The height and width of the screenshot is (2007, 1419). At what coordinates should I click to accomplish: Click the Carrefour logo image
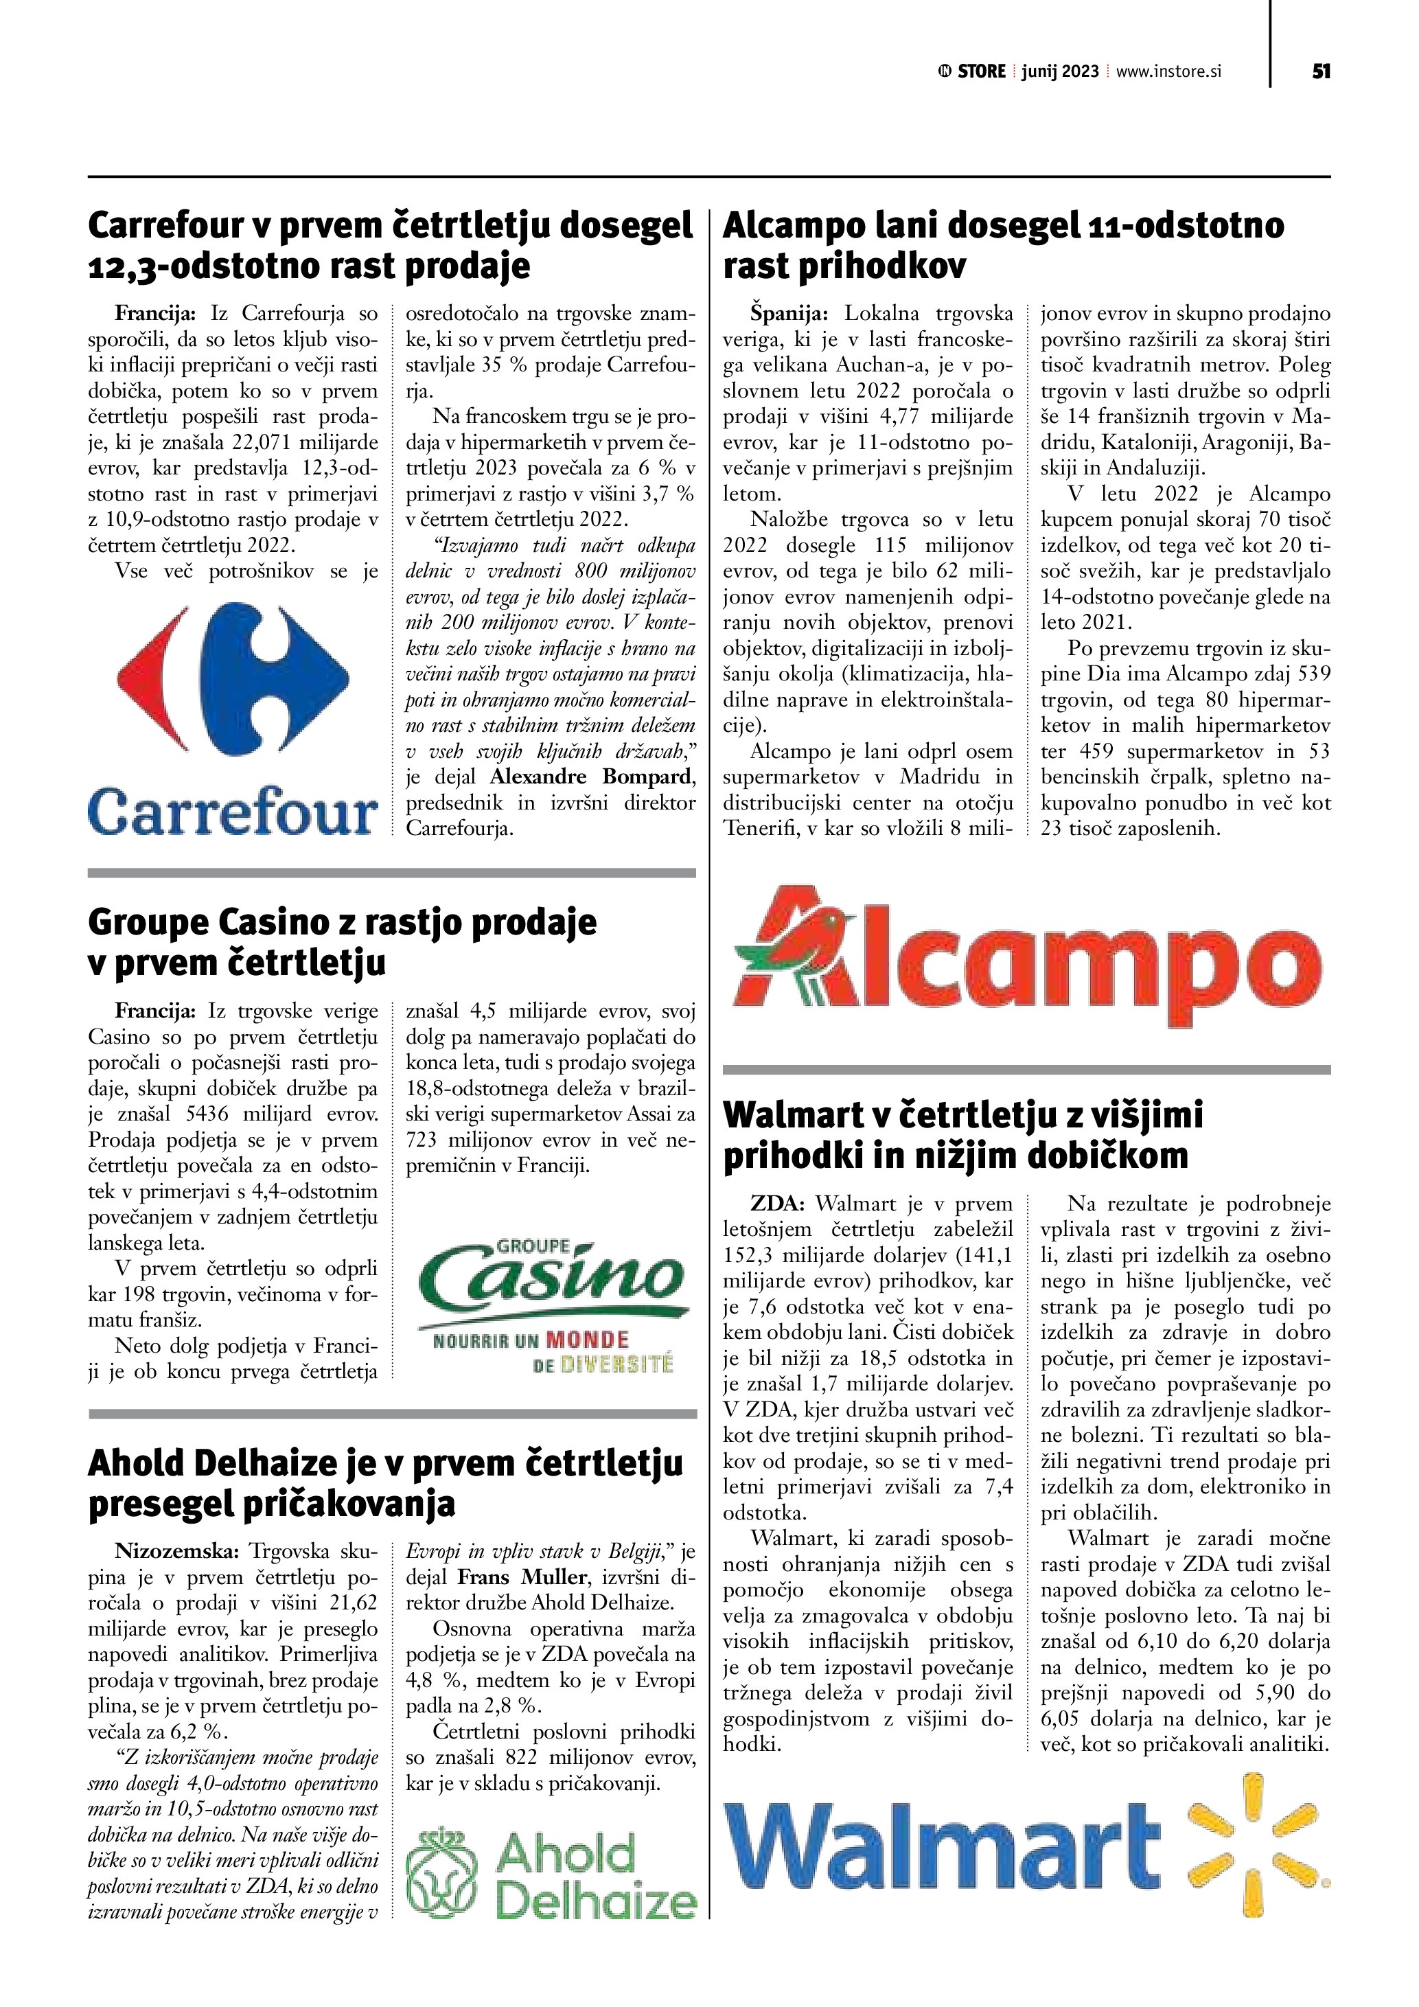[x=233, y=717]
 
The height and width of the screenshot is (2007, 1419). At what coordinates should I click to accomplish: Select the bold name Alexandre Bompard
[x=592, y=776]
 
